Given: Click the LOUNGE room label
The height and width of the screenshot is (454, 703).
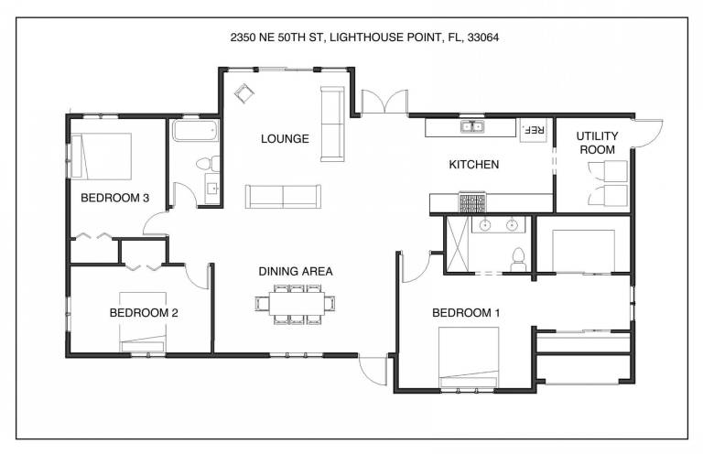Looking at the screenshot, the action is click(x=285, y=139).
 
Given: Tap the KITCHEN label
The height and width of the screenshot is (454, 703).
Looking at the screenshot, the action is click(x=474, y=165).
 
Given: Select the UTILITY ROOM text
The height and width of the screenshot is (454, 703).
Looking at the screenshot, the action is click(x=597, y=143).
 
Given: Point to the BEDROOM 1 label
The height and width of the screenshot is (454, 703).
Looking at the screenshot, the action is click(x=466, y=313).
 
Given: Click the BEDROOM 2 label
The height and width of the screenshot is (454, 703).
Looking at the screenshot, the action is click(x=144, y=313).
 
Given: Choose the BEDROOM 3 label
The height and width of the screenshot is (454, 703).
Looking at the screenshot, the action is click(x=114, y=198).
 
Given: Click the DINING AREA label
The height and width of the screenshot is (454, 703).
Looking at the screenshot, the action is click(x=296, y=271).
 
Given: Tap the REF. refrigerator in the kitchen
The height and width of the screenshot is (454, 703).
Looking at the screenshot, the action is click(x=534, y=130).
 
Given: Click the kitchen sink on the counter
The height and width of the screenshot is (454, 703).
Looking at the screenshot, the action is click(x=472, y=127).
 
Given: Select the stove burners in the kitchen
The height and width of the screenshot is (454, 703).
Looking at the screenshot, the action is click(x=472, y=202).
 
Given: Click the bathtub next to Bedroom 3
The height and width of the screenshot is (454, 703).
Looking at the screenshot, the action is click(x=196, y=130).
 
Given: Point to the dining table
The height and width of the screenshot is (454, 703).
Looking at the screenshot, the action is click(x=297, y=304).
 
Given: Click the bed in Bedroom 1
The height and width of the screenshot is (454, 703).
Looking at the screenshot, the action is click(x=469, y=357).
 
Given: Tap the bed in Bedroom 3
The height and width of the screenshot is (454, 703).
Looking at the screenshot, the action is click(x=102, y=156).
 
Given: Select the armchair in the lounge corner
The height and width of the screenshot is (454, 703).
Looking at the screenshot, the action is click(x=243, y=93).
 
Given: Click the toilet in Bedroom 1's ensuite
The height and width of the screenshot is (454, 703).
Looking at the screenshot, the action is click(x=518, y=260).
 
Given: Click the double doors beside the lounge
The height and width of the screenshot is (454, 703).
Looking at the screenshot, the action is click(x=385, y=102).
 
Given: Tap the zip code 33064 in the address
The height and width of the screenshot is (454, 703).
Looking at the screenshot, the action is click(x=483, y=38).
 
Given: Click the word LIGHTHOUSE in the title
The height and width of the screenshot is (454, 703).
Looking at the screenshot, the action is click(x=366, y=38).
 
